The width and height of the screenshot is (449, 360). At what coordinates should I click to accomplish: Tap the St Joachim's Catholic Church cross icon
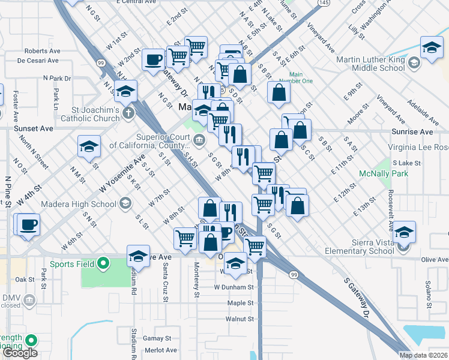point(127,113)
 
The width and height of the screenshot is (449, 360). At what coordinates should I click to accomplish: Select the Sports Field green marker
point(103,263)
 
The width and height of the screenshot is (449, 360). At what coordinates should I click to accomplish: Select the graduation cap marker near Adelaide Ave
point(432,48)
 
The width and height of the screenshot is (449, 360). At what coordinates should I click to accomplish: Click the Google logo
point(20,353)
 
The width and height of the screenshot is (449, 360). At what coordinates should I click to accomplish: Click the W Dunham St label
point(234,287)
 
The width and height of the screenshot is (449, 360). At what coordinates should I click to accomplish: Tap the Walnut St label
point(241,319)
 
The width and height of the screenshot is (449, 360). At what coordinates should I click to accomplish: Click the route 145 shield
point(324,4)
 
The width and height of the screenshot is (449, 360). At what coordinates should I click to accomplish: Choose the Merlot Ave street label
point(160,350)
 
